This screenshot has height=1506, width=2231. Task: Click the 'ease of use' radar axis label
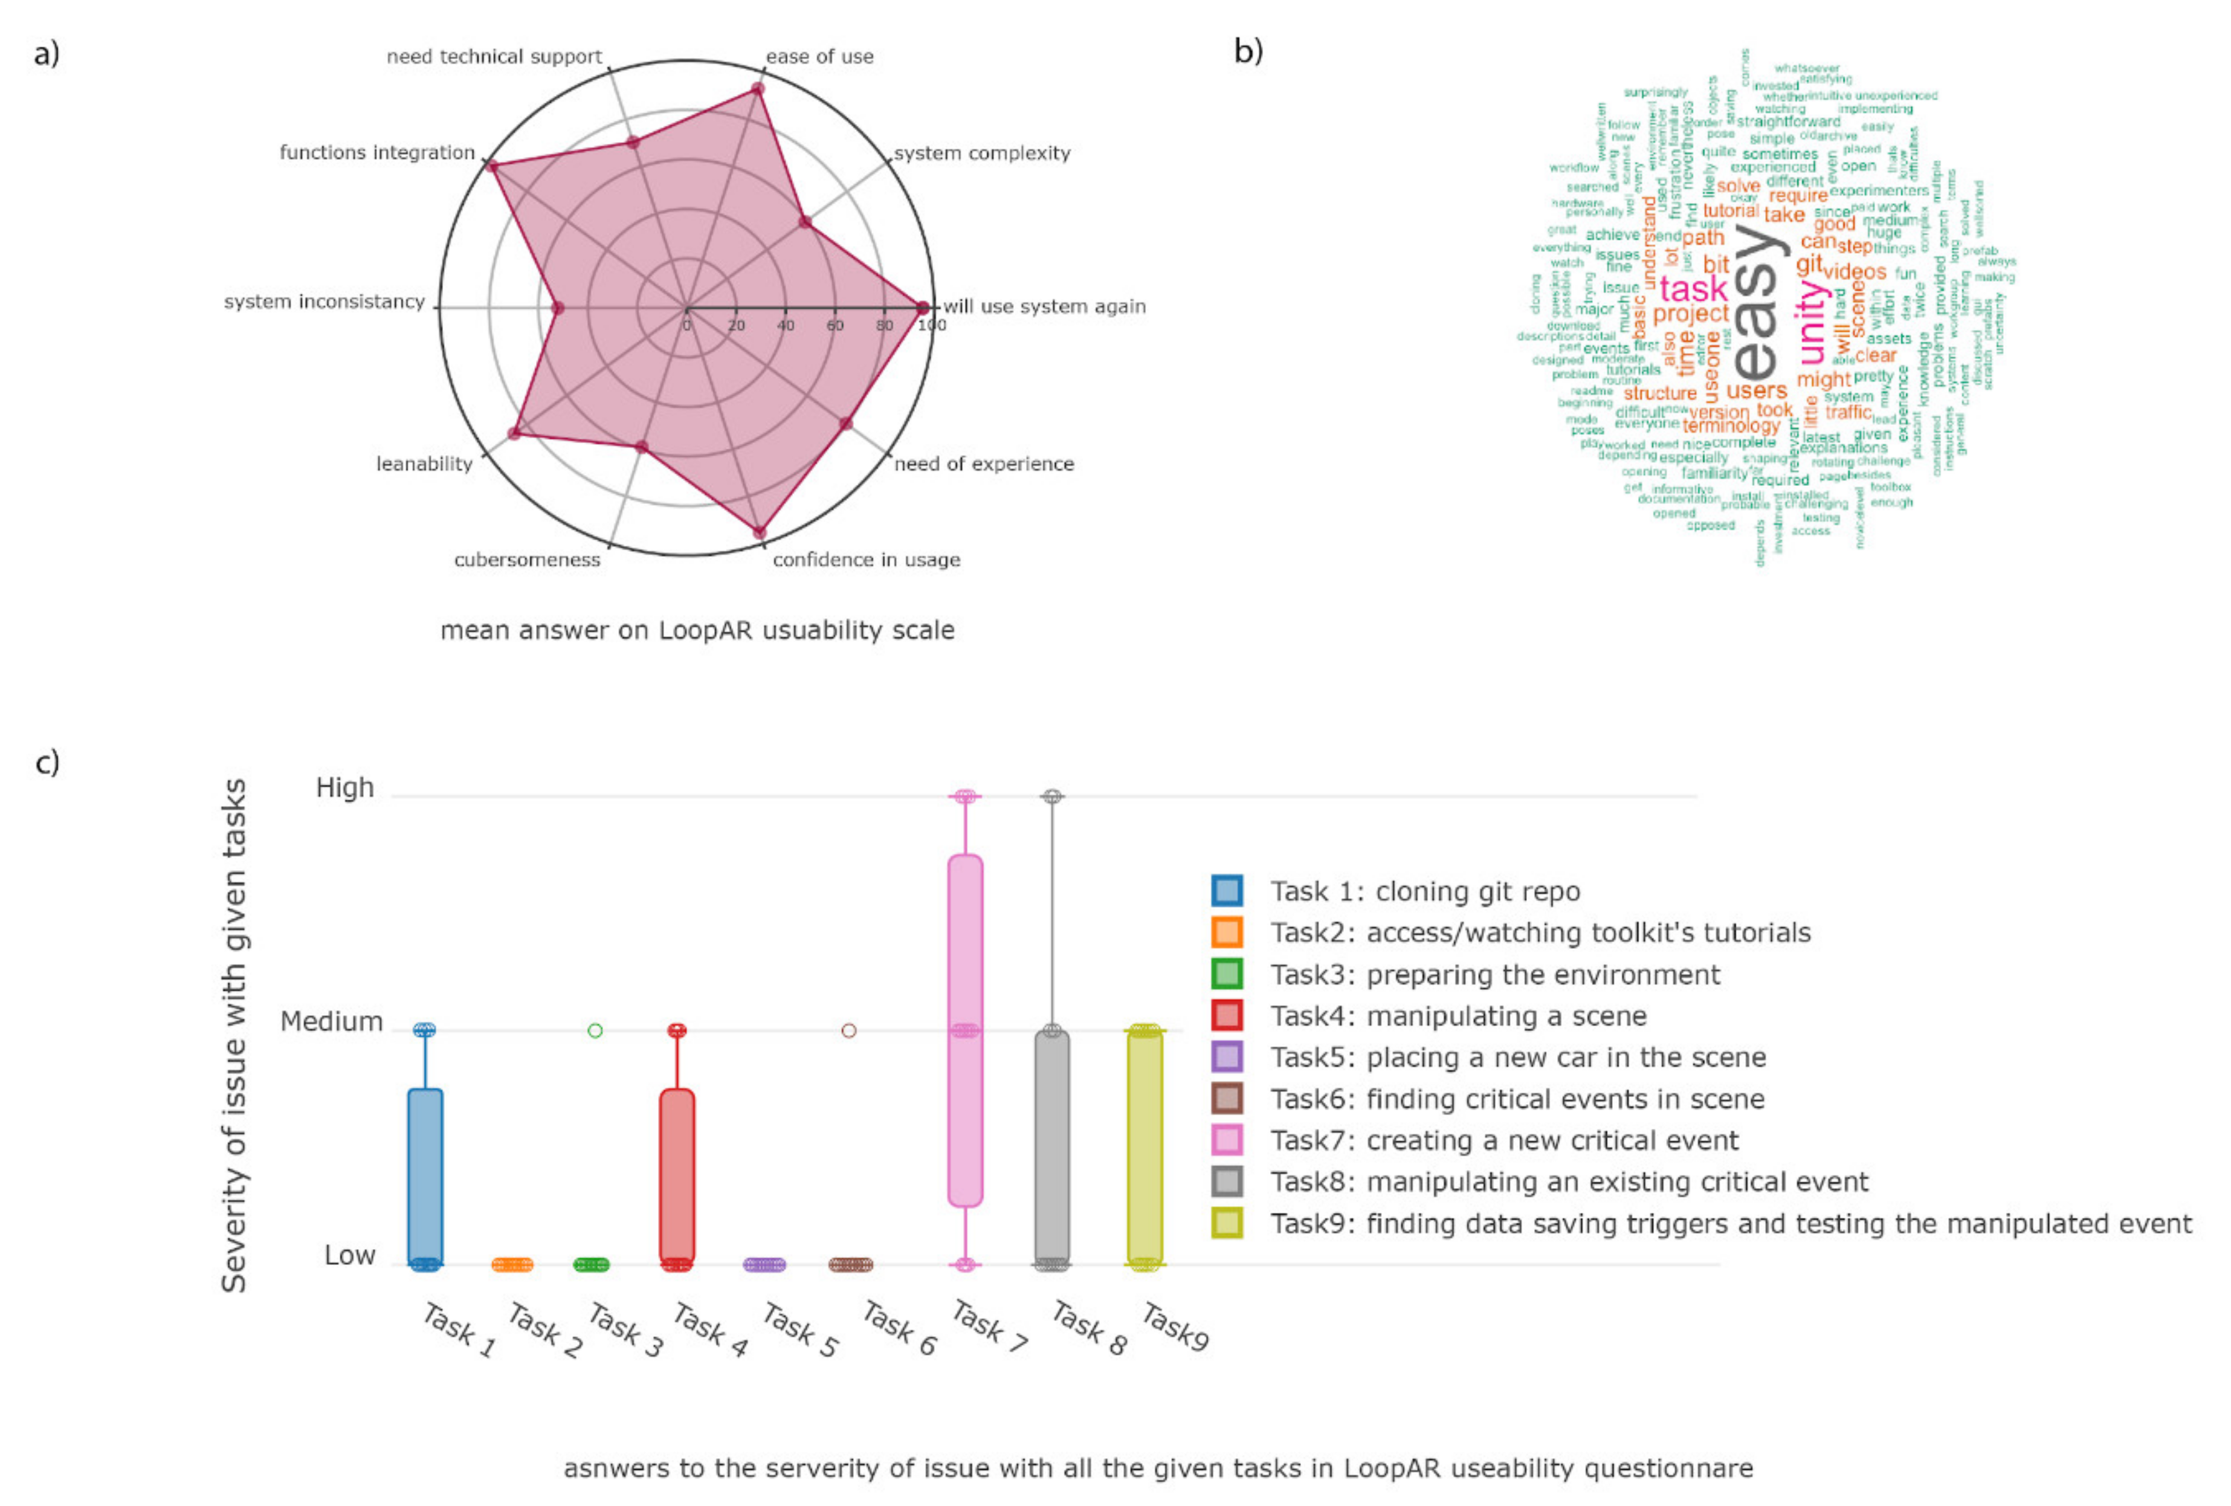pos(819,57)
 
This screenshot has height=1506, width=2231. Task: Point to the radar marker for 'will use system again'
pos(923,308)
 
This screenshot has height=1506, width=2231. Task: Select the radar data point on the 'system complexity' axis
pos(806,222)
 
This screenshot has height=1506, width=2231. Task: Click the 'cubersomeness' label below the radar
pos(526,560)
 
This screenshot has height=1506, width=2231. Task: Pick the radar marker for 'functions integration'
pos(491,167)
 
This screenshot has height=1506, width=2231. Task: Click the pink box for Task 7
pos(965,1030)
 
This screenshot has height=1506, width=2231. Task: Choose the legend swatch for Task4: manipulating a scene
pos(1227,1015)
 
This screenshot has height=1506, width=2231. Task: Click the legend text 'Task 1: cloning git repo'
pos(1425,892)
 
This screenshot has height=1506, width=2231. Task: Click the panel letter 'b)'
pos(1248,51)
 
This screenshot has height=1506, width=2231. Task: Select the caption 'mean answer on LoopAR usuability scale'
pos(697,630)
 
